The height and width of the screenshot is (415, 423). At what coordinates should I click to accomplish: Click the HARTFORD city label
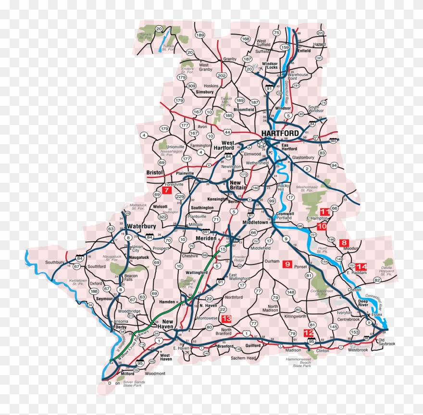click(280, 133)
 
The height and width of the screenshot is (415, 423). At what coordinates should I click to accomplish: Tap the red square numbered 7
click(166, 190)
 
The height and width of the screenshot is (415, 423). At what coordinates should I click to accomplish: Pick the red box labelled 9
click(287, 264)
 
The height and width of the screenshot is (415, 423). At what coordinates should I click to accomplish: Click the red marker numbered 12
click(309, 333)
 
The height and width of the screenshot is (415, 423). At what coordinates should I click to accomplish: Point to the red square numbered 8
click(344, 243)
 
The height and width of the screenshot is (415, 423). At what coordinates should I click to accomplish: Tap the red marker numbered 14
click(361, 266)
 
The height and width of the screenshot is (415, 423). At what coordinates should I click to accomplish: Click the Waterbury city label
click(141, 226)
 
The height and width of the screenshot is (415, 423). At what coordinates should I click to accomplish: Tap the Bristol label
click(155, 172)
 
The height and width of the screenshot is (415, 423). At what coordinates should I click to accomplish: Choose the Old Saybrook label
click(386, 341)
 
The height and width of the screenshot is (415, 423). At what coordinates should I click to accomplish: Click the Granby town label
click(230, 59)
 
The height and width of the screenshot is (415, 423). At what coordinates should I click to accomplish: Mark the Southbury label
click(55, 262)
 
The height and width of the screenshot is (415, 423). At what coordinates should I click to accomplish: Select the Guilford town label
click(252, 346)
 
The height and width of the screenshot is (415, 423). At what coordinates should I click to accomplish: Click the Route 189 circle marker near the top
click(200, 35)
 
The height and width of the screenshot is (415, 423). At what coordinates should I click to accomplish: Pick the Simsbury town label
click(204, 91)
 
